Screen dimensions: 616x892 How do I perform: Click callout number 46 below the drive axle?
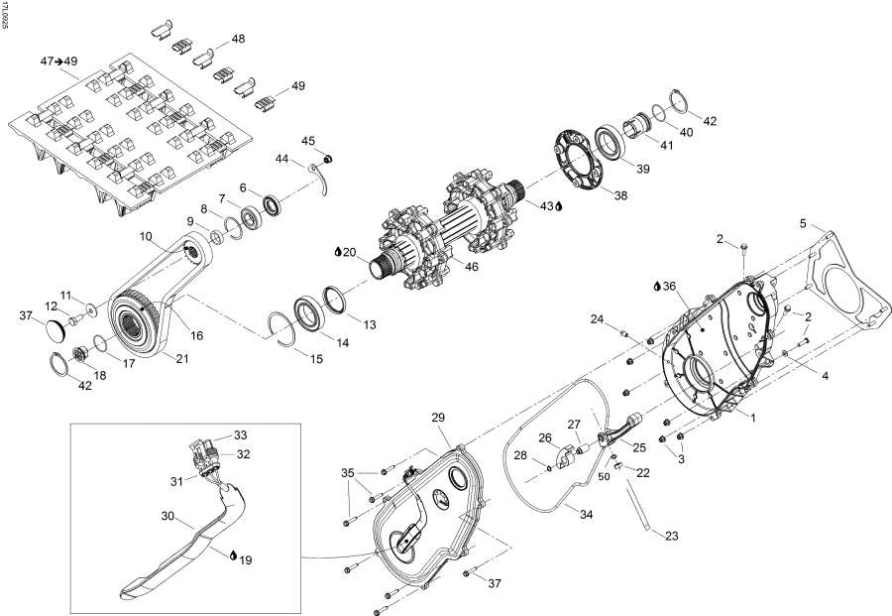pos(472,268)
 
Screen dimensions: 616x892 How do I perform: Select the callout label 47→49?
pos(57,62)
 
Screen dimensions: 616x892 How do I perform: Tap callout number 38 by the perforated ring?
pos(620,196)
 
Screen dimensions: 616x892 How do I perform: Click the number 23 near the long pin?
pos(672,536)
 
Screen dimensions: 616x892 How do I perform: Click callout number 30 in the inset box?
pos(167,516)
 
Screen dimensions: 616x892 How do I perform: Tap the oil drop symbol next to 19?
pos(232,559)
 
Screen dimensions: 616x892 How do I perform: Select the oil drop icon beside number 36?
pos(657,286)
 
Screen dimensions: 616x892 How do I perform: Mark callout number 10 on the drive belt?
pos(146,236)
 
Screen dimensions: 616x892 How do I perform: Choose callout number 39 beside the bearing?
pos(641,170)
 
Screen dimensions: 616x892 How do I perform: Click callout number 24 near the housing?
pos(597,318)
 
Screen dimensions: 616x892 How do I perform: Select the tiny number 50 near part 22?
pos(603,477)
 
